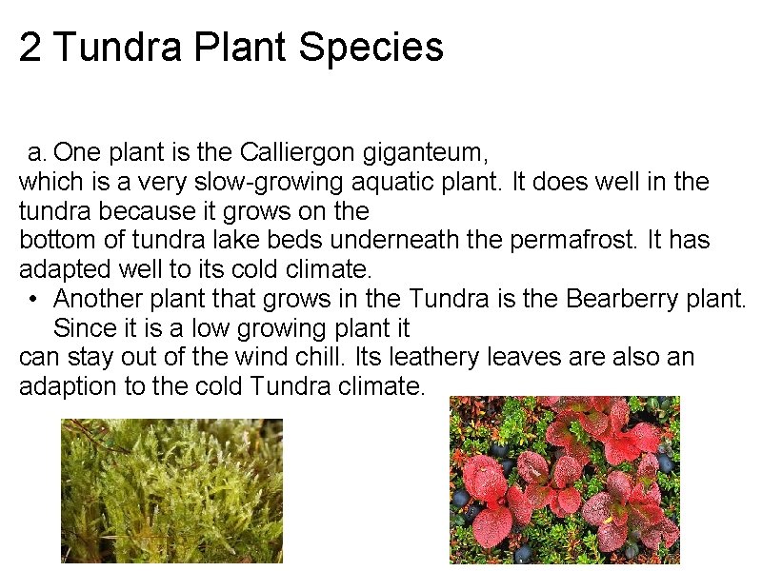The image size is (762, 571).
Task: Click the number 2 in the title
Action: click(x=30, y=48)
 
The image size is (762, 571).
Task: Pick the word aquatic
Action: click(x=359, y=182)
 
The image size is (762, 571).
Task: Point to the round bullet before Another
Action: click(x=33, y=299)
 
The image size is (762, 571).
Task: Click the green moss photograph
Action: click(x=171, y=491)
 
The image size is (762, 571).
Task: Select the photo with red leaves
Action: click(x=565, y=480)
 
